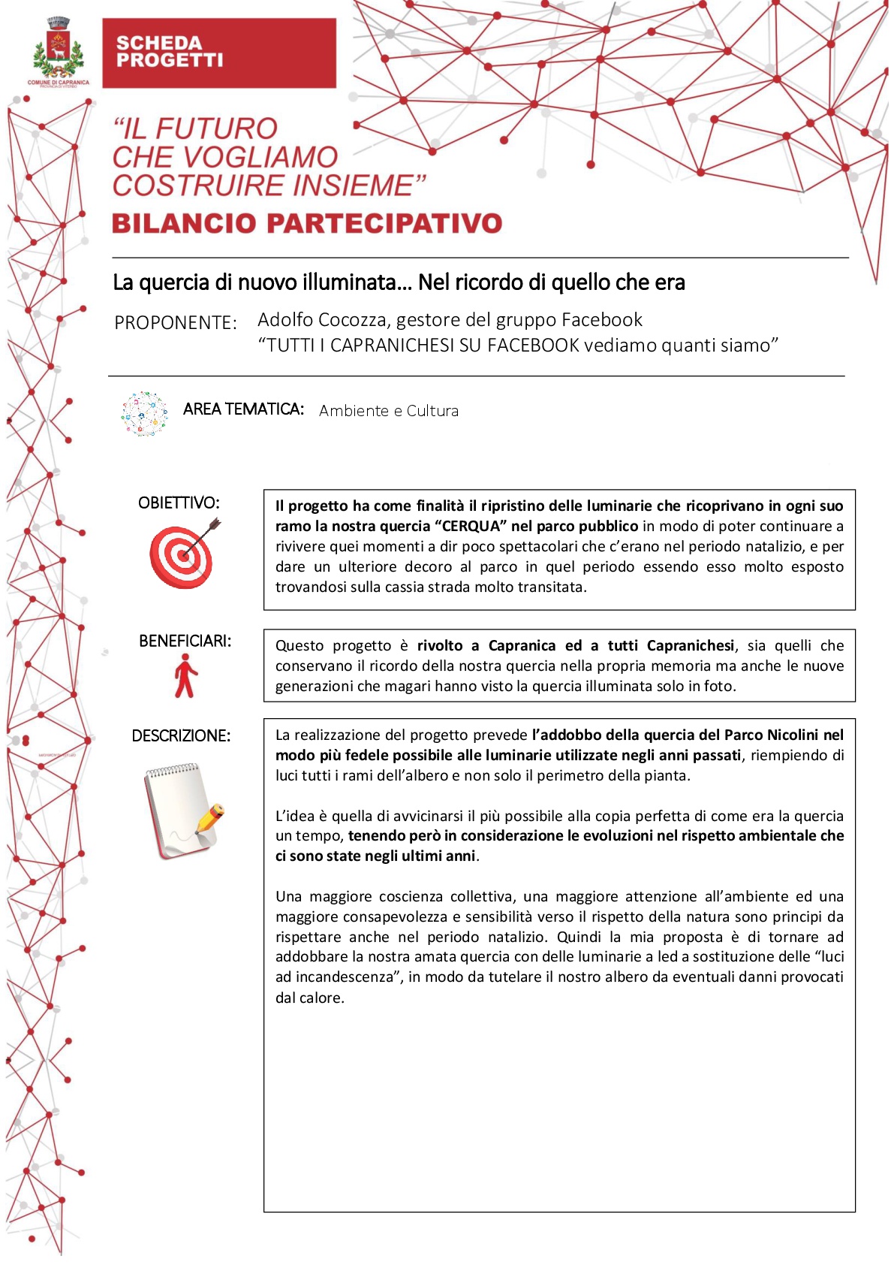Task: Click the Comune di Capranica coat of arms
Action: tap(59, 51)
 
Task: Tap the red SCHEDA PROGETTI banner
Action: tap(218, 53)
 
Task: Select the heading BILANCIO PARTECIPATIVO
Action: tap(306, 223)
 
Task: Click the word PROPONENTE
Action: tap(174, 323)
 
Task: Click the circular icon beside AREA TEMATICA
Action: tap(144, 414)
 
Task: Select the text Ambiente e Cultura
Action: tap(388, 411)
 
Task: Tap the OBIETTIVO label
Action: tap(179, 503)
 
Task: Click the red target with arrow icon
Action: tap(183, 554)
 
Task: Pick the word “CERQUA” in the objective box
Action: tap(471, 527)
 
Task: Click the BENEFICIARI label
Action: tap(185, 642)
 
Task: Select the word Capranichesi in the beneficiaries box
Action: tap(690, 646)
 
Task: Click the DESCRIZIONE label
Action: tap(181, 736)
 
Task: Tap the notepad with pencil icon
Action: tap(183, 811)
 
